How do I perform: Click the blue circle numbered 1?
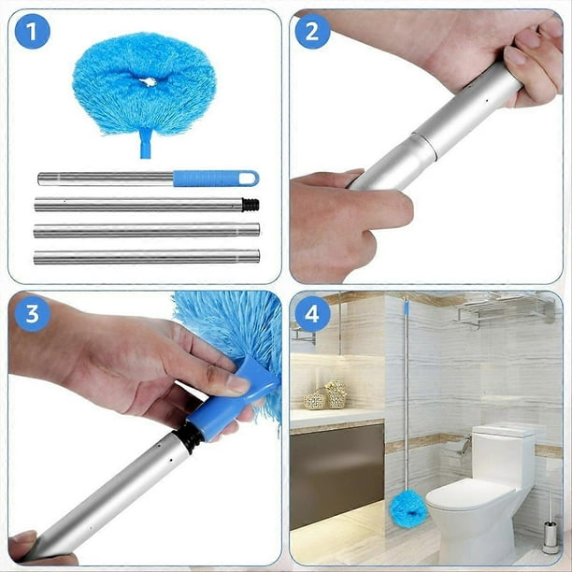click(32, 32)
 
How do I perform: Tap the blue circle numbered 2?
click(312, 32)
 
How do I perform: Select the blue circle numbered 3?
click(32, 314)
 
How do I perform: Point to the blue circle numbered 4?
click(312, 314)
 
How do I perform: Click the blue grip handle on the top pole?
click(216, 179)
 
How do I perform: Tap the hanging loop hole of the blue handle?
click(248, 179)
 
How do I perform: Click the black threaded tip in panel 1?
click(250, 205)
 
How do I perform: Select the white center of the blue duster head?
click(149, 82)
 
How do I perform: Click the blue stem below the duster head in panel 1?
click(146, 143)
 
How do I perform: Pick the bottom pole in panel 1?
click(147, 257)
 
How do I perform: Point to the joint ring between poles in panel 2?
click(424, 145)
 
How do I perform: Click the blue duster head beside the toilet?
click(408, 508)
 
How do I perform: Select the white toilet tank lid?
click(504, 430)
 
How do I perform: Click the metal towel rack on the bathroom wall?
click(504, 310)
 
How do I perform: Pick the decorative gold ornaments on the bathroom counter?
click(326, 395)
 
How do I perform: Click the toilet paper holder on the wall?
click(462, 446)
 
